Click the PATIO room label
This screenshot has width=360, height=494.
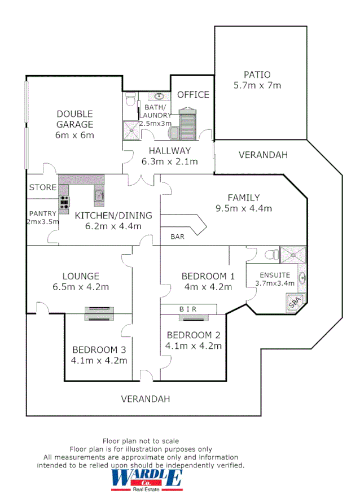[x=257, y=75]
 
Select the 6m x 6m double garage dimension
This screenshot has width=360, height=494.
[x=74, y=135]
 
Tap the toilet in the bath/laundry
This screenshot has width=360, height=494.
[x=131, y=100]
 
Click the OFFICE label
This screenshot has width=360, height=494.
[x=193, y=94]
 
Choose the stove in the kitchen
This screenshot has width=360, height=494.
[x=64, y=202]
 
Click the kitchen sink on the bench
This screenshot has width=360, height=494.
[x=99, y=195]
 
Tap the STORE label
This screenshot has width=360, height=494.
[x=43, y=187]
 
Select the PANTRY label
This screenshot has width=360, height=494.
[x=42, y=213]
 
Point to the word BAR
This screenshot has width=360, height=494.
[x=177, y=237]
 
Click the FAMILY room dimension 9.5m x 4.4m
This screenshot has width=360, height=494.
[x=244, y=208]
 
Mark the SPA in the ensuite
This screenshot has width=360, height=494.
[x=295, y=303]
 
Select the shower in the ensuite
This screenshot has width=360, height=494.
[x=293, y=255]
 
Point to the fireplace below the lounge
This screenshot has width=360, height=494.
[x=99, y=313]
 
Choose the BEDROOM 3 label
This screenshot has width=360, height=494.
[x=99, y=349]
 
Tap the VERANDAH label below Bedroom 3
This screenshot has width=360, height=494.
[x=146, y=399]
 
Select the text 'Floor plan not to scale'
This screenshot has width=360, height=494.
[x=141, y=441]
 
